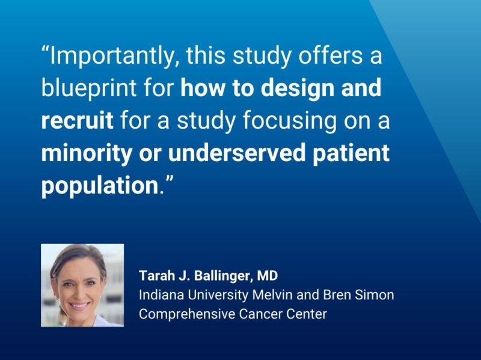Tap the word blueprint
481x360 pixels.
pyautogui.click(x=90, y=89)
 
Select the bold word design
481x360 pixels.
pyautogui.click(x=300, y=89)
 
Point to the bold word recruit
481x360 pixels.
pyautogui.click(x=77, y=121)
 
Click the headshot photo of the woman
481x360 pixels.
pyautogui.click(x=82, y=285)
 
